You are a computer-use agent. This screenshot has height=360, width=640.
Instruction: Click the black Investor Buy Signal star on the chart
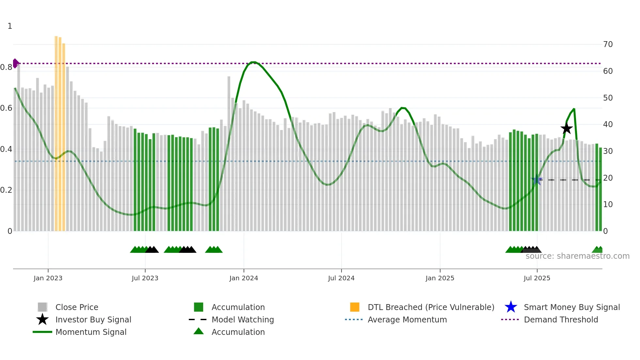click(x=567, y=129)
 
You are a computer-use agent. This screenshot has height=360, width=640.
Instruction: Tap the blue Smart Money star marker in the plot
click(x=537, y=179)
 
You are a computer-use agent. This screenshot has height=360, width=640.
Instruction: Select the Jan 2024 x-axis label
click(x=244, y=278)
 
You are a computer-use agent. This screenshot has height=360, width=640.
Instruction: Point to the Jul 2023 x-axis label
click(x=145, y=278)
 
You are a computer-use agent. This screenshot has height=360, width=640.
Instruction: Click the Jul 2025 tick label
click(x=537, y=278)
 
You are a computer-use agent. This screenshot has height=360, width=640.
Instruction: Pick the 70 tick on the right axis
click(x=608, y=44)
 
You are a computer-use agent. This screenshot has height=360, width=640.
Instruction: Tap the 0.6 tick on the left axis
click(x=7, y=108)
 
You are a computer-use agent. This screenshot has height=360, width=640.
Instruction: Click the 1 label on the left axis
click(x=10, y=26)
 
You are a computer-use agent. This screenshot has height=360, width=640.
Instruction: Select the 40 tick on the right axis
click(x=608, y=124)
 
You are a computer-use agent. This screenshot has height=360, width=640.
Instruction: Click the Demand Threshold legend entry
click(x=561, y=319)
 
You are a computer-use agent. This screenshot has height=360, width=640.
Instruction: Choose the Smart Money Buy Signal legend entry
click(x=571, y=307)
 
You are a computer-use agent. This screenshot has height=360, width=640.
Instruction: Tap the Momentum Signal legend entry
click(x=91, y=332)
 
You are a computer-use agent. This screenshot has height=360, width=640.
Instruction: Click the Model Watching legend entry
click(x=243, y=319)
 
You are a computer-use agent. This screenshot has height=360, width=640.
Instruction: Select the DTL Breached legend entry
click(x=431, y=307)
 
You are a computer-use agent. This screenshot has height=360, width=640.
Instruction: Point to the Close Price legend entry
click(x=77, y=307)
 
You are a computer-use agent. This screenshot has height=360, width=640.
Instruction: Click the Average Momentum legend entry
click(x=407, y=319)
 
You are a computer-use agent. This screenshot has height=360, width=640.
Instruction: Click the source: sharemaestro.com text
click(x=577, y=256)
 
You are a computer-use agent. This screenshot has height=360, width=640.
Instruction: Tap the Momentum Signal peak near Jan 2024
click(x=253, y=62)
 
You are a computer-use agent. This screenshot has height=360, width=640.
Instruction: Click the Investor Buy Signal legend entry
click(x=93, y=319)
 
